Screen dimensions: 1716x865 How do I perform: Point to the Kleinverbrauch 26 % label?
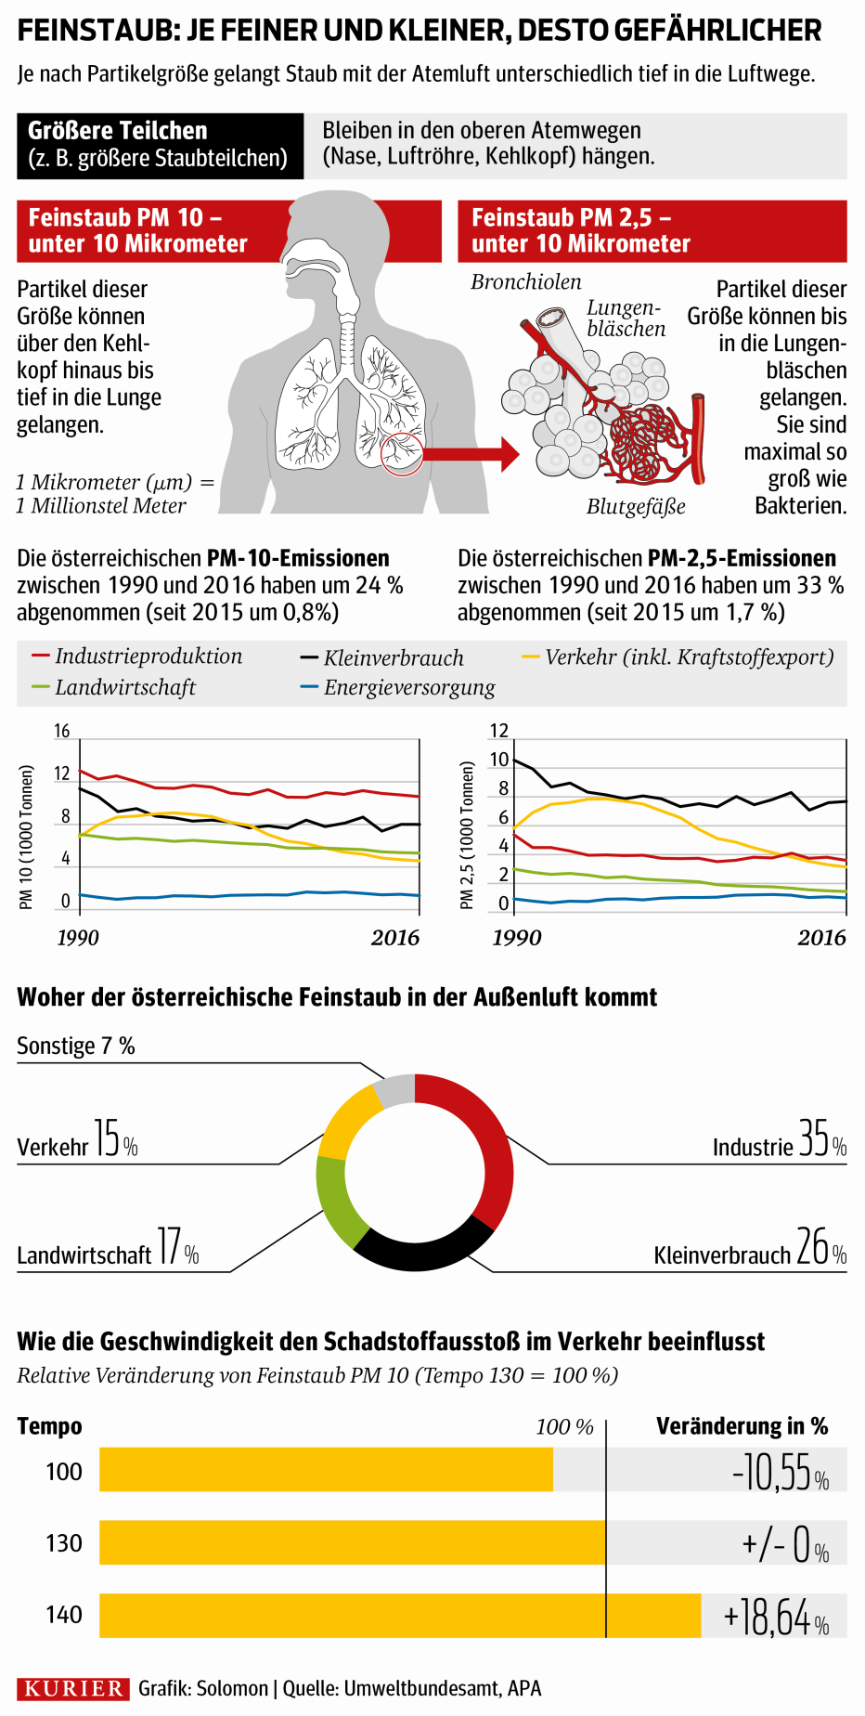coord(750,1250)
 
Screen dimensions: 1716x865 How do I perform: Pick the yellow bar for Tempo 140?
coord(399,1616)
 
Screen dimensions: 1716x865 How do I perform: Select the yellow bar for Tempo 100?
coord(325,1469)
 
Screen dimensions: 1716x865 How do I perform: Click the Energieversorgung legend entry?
coord(399,688)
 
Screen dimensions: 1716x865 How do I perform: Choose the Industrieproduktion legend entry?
coord(137,656)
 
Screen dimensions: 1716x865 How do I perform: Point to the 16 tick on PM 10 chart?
coord(61,731)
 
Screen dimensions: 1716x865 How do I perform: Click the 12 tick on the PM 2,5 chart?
coord(499,731)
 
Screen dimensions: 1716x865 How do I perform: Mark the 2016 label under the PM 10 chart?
coord(395,938)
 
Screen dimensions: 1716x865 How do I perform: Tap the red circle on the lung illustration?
coord(402,455)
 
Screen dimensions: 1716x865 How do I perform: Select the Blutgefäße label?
coord(636,507)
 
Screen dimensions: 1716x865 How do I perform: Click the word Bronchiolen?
coord(526,282)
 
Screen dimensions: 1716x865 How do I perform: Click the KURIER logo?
coord(73,1688)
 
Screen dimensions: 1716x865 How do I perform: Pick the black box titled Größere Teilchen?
coord(160,145)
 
